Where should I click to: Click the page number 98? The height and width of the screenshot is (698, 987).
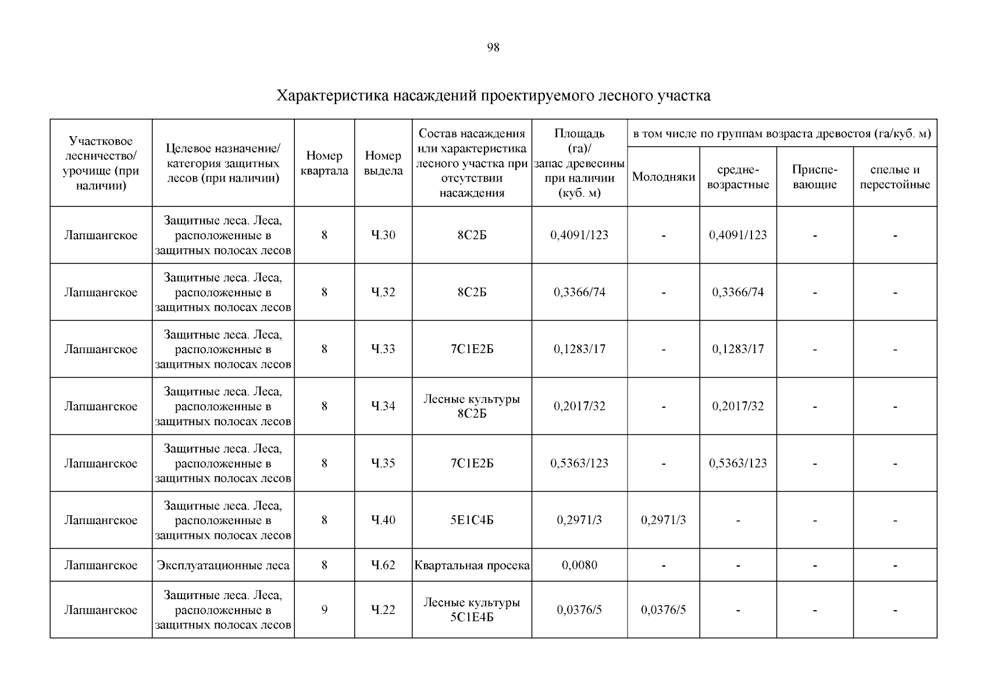pos(493,48)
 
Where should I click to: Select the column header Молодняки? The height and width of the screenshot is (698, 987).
pos(663,177)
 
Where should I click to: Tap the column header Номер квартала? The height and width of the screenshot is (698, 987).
pos(324,163)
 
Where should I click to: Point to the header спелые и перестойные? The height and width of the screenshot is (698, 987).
pos(895,177)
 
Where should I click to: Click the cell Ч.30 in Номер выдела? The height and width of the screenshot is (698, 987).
pos(383,235)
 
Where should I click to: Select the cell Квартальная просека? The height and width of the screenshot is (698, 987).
pos(472,565)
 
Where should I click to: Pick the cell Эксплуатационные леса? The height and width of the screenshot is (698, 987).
pos(223,565)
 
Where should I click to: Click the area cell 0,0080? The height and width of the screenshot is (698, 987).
pos(579,565)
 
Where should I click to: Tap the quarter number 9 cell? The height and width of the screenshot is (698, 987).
pos(324,610)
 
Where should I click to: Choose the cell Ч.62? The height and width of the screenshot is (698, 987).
pos(383,565)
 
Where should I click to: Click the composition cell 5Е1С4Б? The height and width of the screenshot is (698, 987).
pos(472,520)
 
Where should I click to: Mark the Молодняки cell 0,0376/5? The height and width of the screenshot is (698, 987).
pos(663,610)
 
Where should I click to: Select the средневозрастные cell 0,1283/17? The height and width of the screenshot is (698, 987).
pos(737,349)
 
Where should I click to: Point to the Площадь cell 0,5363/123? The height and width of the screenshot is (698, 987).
pos(579,463)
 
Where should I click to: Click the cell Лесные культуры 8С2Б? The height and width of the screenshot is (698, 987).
pos(472,406)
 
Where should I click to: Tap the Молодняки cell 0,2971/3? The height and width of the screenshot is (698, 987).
pos(663,520)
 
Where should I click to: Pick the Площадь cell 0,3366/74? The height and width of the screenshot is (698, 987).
pos(579,292)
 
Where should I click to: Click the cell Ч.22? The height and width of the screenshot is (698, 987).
pos(383,610)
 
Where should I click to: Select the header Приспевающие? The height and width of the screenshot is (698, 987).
pos(814,177)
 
